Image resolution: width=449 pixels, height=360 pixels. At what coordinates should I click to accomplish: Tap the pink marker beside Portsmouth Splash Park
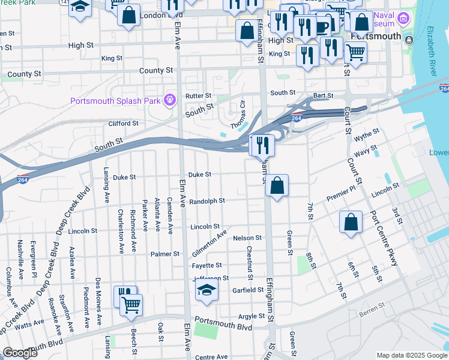170,100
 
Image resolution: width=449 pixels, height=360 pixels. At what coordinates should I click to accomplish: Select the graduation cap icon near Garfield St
206,291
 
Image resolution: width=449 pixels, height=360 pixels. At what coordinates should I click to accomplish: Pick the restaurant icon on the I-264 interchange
262,145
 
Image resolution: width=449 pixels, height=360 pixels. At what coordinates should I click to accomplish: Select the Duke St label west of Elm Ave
125,178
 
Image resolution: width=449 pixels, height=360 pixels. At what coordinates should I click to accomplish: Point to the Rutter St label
198,95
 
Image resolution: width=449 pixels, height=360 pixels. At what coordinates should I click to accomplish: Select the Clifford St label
123,124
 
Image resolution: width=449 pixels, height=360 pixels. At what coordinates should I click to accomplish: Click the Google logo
20,353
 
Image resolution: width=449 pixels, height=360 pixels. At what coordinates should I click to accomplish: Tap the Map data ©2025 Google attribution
412,355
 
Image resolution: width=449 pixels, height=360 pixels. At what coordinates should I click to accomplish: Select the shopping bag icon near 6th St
351,222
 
